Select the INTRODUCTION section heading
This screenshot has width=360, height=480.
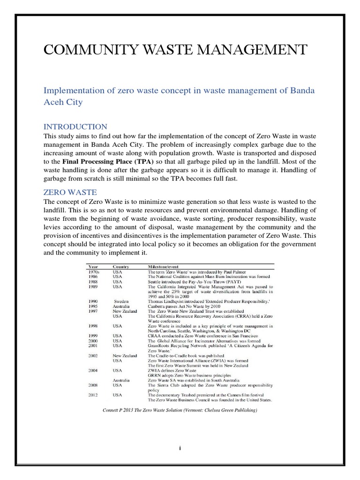(75, 127)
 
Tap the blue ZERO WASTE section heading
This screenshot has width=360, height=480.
(70, 192)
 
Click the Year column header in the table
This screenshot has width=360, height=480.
(93, 266)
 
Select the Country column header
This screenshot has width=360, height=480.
(120, 266)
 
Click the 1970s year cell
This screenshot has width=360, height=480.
(94, 271)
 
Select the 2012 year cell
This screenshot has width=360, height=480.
(93, 395)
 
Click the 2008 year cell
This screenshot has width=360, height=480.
(93, 384)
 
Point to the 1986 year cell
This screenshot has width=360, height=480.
(93, 277)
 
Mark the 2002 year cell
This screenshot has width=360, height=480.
(93, 355)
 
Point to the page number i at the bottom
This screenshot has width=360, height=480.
(180, 448)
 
